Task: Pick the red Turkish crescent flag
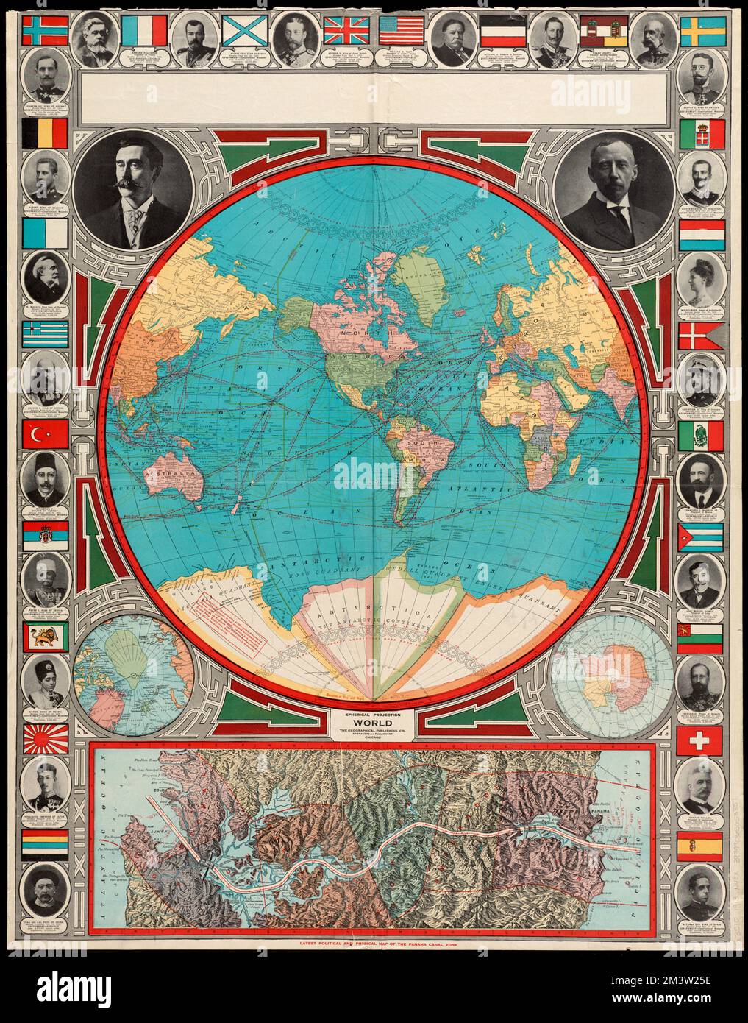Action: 46,436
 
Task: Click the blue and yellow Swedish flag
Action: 702,31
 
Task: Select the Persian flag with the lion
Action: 46,637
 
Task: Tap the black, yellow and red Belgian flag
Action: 46,132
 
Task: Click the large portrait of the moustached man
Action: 133,191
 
